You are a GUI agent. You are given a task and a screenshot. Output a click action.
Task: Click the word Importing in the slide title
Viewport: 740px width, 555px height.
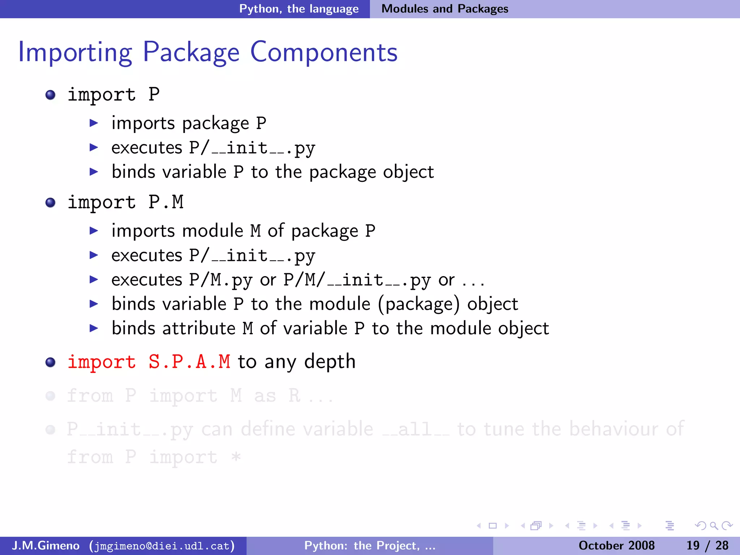(75, 53)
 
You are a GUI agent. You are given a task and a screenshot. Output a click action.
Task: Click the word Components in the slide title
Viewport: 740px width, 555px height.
(324, 53)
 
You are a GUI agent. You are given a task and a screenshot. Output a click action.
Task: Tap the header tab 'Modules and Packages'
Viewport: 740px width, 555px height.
(444, 9)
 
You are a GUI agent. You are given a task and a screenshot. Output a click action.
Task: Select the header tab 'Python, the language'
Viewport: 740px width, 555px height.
(299, 9)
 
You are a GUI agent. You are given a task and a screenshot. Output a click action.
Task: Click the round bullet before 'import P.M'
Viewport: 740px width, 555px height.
(51, 202)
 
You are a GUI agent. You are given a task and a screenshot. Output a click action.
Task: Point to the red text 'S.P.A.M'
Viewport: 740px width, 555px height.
(189, 362)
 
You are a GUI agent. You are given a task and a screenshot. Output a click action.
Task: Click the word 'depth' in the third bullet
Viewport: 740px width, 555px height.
(330, 362)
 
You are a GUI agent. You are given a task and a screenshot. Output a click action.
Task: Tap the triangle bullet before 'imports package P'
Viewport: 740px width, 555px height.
(94, 123)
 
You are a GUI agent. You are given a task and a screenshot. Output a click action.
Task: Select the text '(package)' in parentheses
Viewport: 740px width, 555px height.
(419, 304)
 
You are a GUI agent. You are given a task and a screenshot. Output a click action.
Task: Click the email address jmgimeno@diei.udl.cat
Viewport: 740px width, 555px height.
(162, 546)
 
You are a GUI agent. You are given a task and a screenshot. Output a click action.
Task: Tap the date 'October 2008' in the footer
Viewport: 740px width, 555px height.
(616, 546)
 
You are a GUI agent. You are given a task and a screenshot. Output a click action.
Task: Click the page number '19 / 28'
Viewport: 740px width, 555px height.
(707, 546)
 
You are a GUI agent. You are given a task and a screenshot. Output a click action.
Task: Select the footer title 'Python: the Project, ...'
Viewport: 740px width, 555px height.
(370, 546)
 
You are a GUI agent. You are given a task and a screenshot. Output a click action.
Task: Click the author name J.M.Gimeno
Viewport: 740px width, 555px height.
(46, 546)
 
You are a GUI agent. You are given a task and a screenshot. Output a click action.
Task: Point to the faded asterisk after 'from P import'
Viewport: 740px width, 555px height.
(236, 457)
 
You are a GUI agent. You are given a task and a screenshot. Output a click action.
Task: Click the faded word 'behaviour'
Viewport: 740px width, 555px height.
(613, 429)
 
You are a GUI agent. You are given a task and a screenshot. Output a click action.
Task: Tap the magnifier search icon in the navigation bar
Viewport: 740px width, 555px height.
(713, 526)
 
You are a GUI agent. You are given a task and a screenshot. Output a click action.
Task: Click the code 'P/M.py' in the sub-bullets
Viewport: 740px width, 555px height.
(220, 280)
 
